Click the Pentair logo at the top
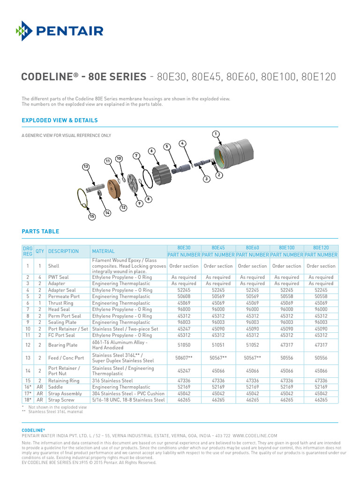click(60, 31)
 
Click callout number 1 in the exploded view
click(216, 135)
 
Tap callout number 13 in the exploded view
click(86, 166)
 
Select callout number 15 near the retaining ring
click(92, 217)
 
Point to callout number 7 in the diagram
click(136, 155)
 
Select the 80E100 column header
click(286, 247)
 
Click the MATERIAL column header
click(103, 251)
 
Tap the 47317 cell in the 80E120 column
click(321, 345)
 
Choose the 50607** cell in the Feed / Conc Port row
click(184, 358)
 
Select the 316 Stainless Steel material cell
click(112, 381)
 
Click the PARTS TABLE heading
click(41, 232)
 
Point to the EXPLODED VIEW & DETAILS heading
click(60, 120)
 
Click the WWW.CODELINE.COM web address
click(255, 435)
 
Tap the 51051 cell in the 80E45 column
click(218, 345)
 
